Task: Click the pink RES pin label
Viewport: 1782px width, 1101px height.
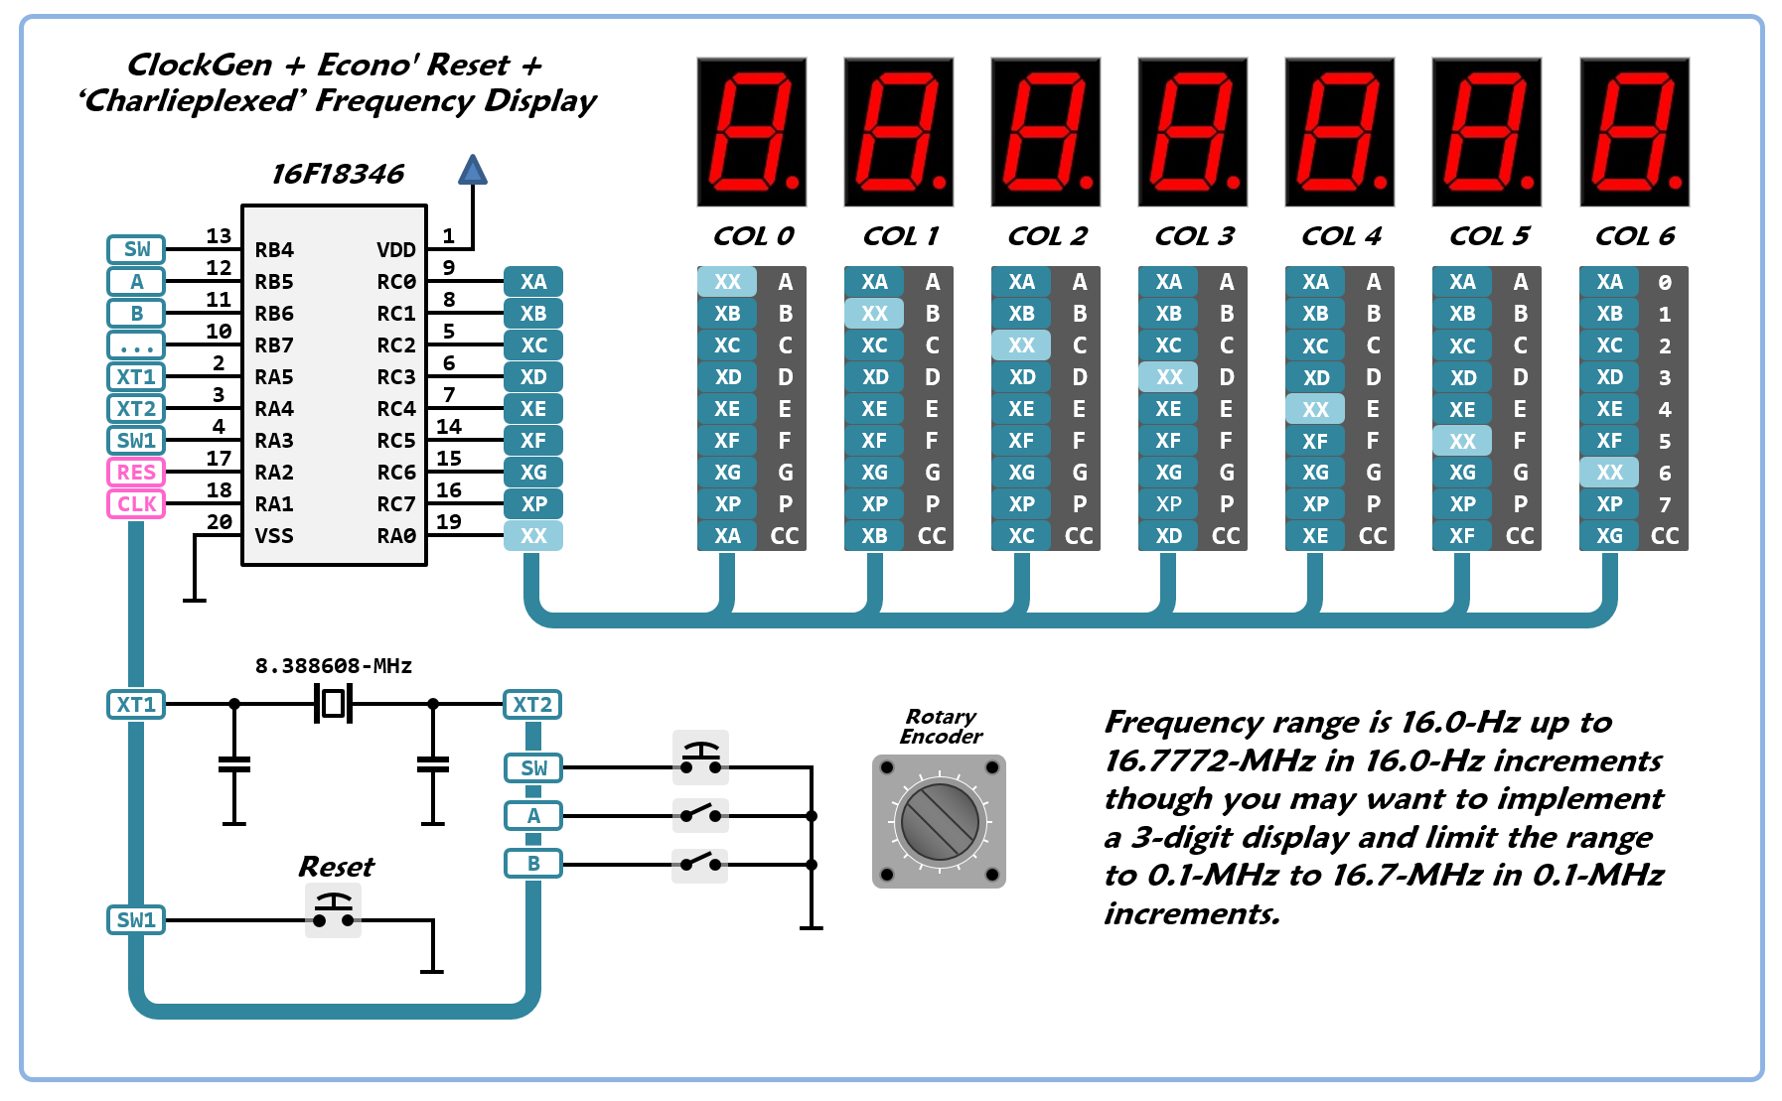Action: [136, 473]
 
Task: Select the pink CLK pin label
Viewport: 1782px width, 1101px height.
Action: [136, 504]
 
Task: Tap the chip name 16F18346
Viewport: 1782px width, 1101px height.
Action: [338, 174]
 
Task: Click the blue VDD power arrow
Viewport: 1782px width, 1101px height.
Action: [473, 171]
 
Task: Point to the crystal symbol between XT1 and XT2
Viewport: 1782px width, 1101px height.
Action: [334, 704]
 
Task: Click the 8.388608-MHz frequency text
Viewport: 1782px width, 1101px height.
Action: [334, 666]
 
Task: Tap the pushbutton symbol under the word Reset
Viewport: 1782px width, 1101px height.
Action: [333, 910]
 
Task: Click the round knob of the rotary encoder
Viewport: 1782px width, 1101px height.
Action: [939, 822]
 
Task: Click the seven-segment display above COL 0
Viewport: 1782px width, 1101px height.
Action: [752, 132]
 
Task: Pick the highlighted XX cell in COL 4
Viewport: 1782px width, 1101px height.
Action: [1315, 409]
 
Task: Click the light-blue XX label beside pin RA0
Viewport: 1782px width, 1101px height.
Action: [533, 536]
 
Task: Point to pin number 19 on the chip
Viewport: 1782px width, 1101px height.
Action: [449, 521]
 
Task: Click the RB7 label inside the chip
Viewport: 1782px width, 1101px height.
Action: [274, 345]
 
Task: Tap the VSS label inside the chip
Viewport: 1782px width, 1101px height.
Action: [274, 536]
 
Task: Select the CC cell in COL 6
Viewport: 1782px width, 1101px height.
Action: [1665, 536]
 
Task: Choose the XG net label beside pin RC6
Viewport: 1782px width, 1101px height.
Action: [533, 473]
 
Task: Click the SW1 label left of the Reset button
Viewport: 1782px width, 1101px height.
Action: [136, 920]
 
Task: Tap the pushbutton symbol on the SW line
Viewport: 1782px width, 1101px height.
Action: [701, 758]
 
